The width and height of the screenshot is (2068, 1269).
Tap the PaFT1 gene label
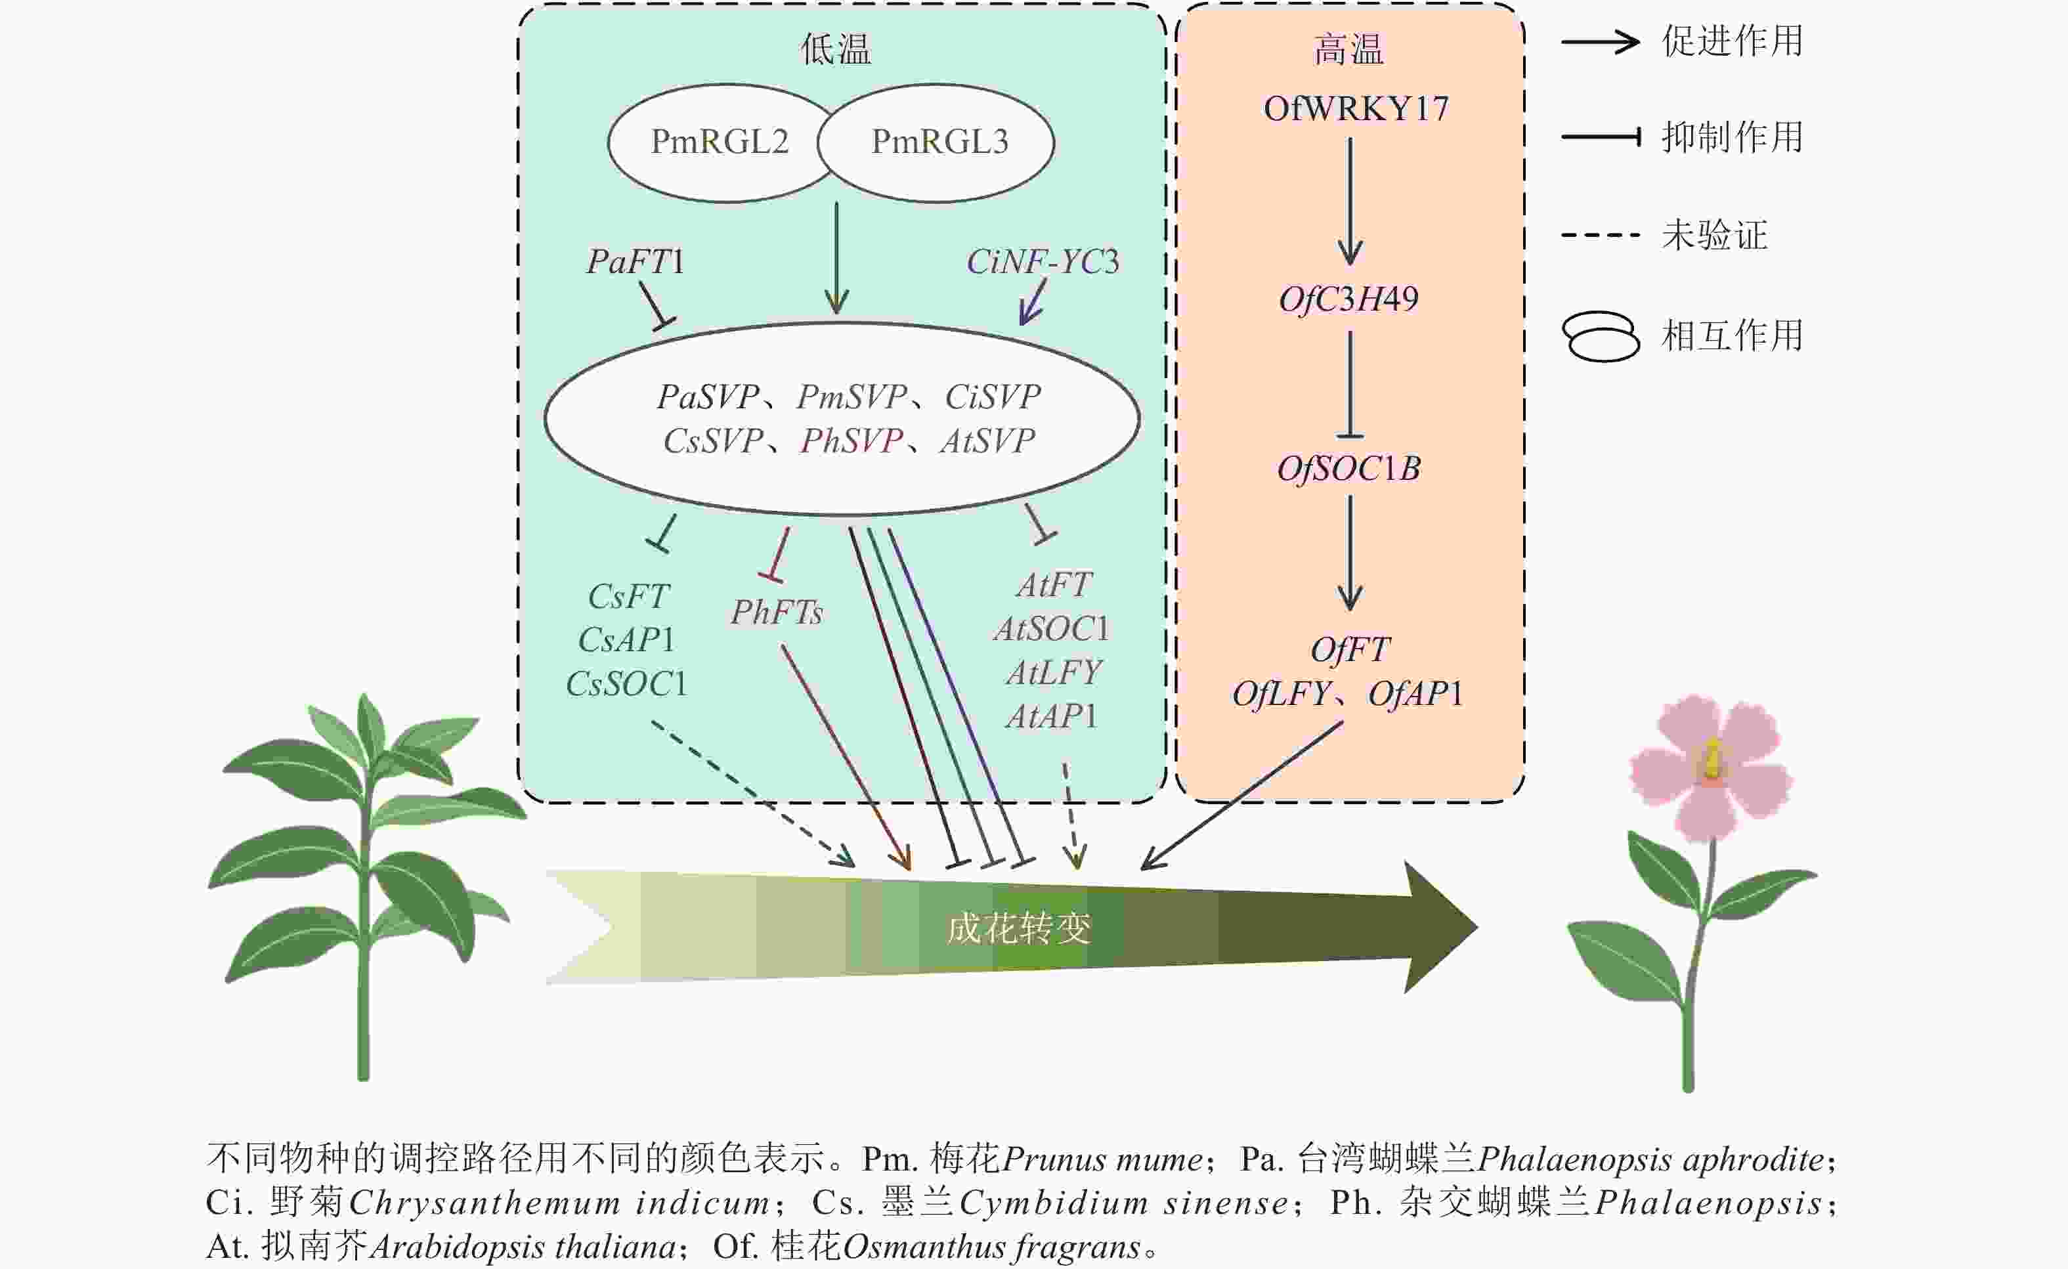tap(635, 262)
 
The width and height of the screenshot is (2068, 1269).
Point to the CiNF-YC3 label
tap(1043, 262)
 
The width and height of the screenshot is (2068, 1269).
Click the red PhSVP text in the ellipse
tap(851, 441)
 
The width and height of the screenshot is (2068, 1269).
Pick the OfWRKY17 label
tap(1356, 109)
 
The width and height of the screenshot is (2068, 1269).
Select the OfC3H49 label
tap(1348, 299)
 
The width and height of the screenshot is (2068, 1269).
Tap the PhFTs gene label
tap(777, 613)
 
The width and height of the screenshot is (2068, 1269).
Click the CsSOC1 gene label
tap(627, 684)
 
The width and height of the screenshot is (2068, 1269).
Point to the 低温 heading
tap(836, 49)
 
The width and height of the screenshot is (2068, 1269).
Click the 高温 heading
tap(1348, 49)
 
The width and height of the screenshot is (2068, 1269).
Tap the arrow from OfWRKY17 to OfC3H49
tap(1350, 202)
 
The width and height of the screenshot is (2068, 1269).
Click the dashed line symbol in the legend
tap(1600, 235)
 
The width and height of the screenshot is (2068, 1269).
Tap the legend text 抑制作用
tap(1733, 137)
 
